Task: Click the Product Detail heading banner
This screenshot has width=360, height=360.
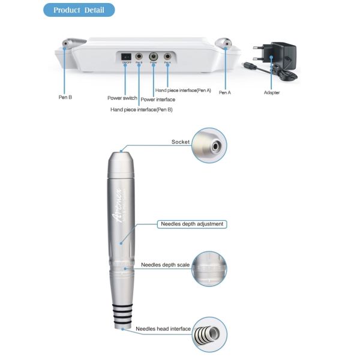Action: click(x=79, y=10)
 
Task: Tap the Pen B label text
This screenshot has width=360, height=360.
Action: click(x=66, y=95)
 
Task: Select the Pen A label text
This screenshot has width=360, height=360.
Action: click(x=225, y=92)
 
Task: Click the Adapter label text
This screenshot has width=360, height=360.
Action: click(x=272, y=92)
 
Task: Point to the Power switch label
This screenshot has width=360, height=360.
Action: click(x=122, y=97)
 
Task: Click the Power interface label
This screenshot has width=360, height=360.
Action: click(x=158, y=100)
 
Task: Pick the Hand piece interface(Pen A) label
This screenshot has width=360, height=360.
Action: click(x=183, y=90)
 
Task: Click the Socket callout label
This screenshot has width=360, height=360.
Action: click(x=180, y=142)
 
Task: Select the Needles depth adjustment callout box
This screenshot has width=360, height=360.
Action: click(x=192, y=224)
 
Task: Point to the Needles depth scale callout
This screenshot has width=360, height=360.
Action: click(x=165, y=265)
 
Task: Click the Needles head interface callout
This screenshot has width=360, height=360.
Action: click(x=163, y=329)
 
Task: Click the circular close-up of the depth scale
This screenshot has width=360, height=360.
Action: click(x=209, y=269)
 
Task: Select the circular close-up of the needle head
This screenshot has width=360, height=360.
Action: click(x=209, y=334)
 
